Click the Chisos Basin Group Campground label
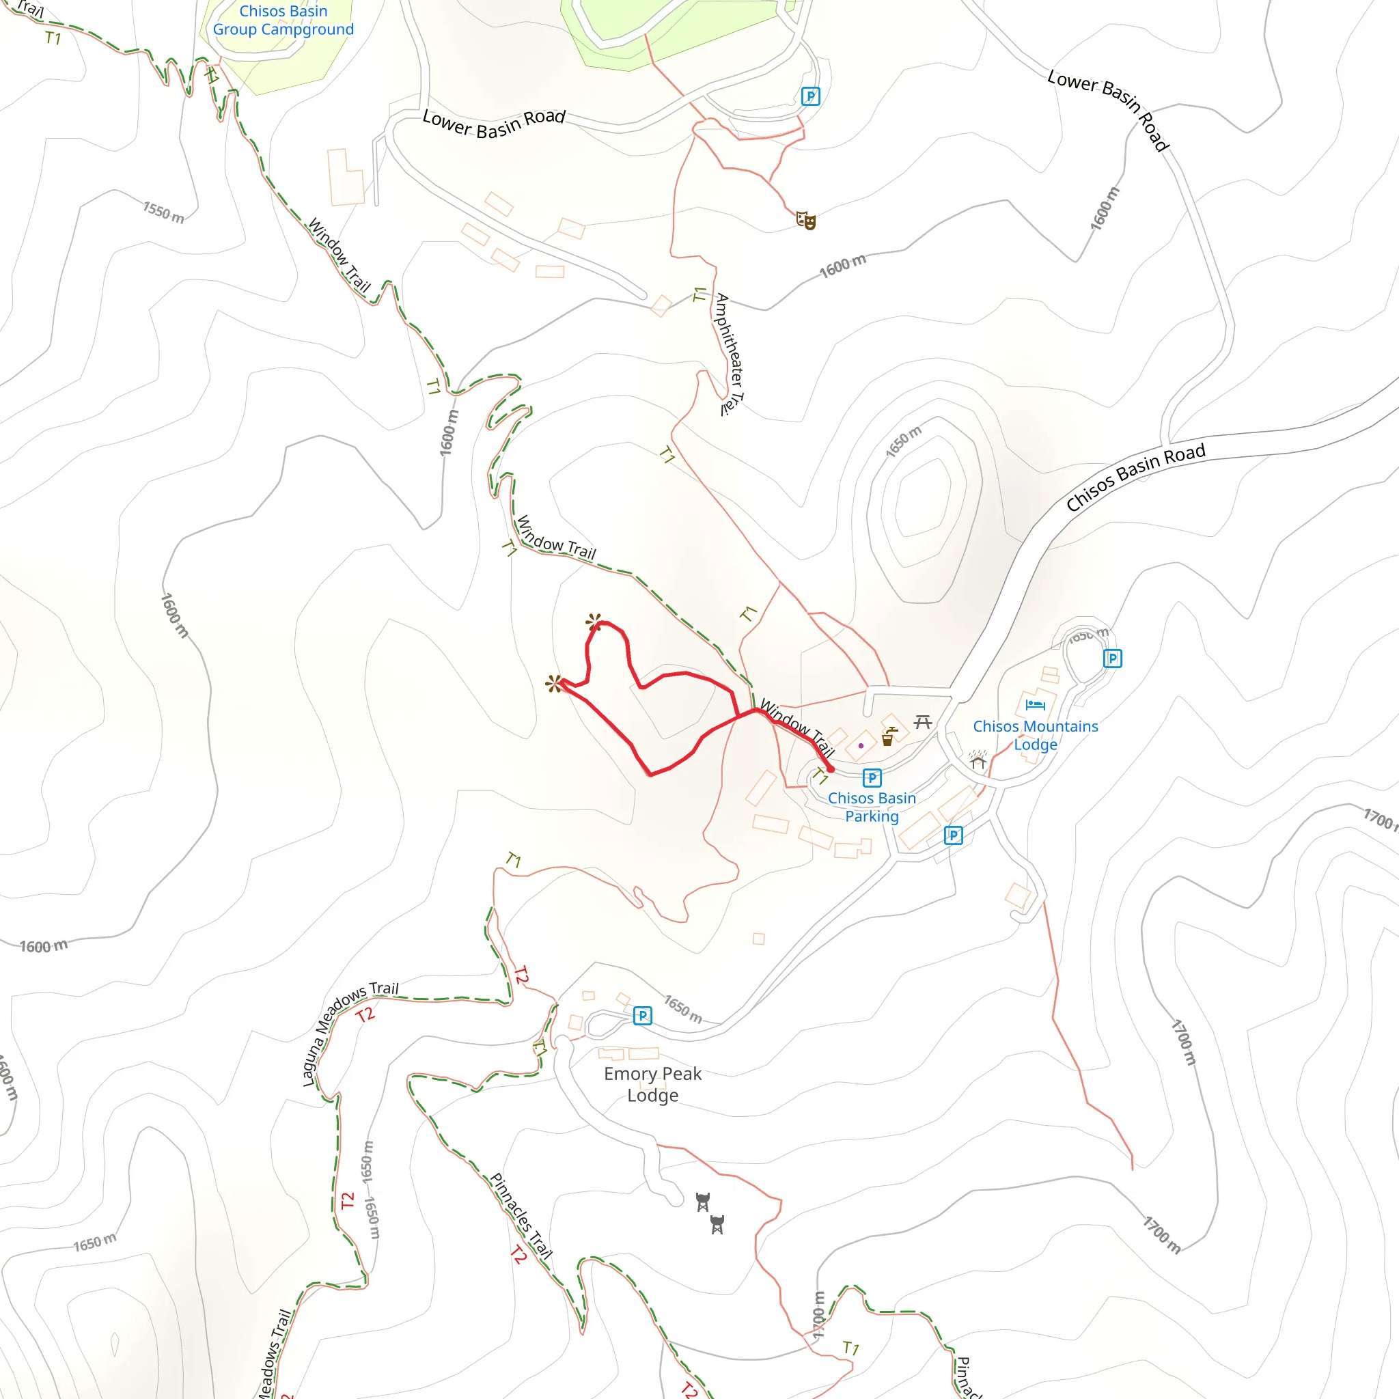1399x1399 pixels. click(x=283, y=20)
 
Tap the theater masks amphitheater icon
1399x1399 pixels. click(x=806, y=220)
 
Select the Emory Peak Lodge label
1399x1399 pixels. click(x=652, y=1084)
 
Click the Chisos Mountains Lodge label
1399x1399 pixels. click(x=1035, y=735)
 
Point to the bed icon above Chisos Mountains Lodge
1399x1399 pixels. click(x=1035, y=704)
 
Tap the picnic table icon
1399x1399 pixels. click(x=922, y=721)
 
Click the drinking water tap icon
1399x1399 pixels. click(x=889, y=736)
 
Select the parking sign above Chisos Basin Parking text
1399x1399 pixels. click(x=872, y=777)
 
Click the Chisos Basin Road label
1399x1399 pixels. click(x=1135, y=477)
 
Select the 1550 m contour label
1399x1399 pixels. click(x=163, y=213)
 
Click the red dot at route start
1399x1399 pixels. click(x=831, y=770)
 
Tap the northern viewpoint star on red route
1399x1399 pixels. click(x=594, y=622)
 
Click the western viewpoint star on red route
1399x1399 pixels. click(x=554, y=684)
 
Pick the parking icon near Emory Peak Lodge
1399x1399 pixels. click(x=642, y=1015)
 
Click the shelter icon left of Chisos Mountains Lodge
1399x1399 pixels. click(x=978, y=760)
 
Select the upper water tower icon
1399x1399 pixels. click(x=702, y=1202)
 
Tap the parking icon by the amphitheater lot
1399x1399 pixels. click(x=810, y=96)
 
